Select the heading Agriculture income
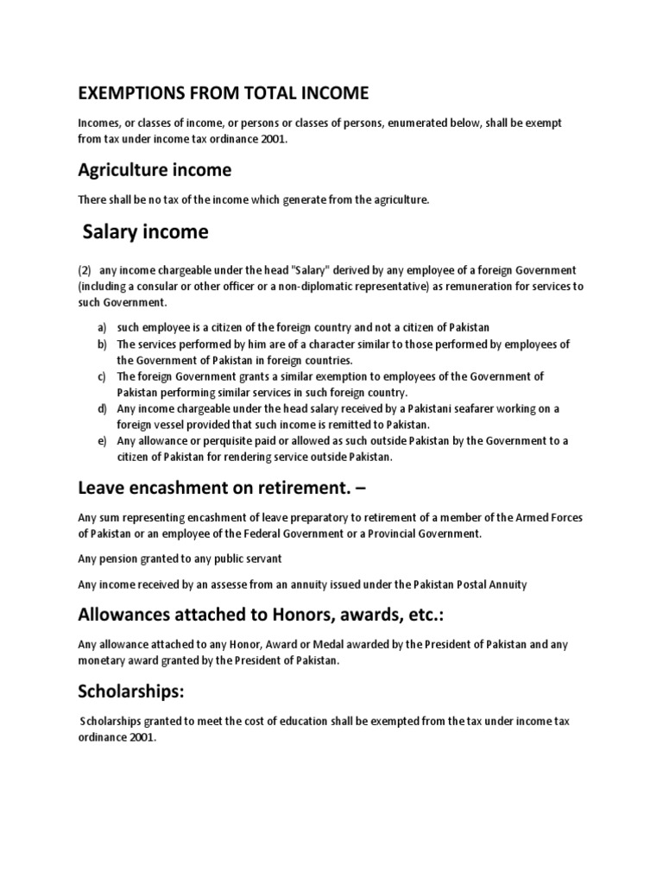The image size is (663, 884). [155, 169]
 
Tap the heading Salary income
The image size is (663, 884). [145, 232]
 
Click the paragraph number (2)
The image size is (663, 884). [85, 270]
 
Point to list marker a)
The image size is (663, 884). [102, 327]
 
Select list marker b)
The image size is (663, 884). [102, 344]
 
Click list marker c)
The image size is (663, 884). [102, 376]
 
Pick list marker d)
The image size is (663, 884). [102, 408]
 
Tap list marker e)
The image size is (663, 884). [102, 440]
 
